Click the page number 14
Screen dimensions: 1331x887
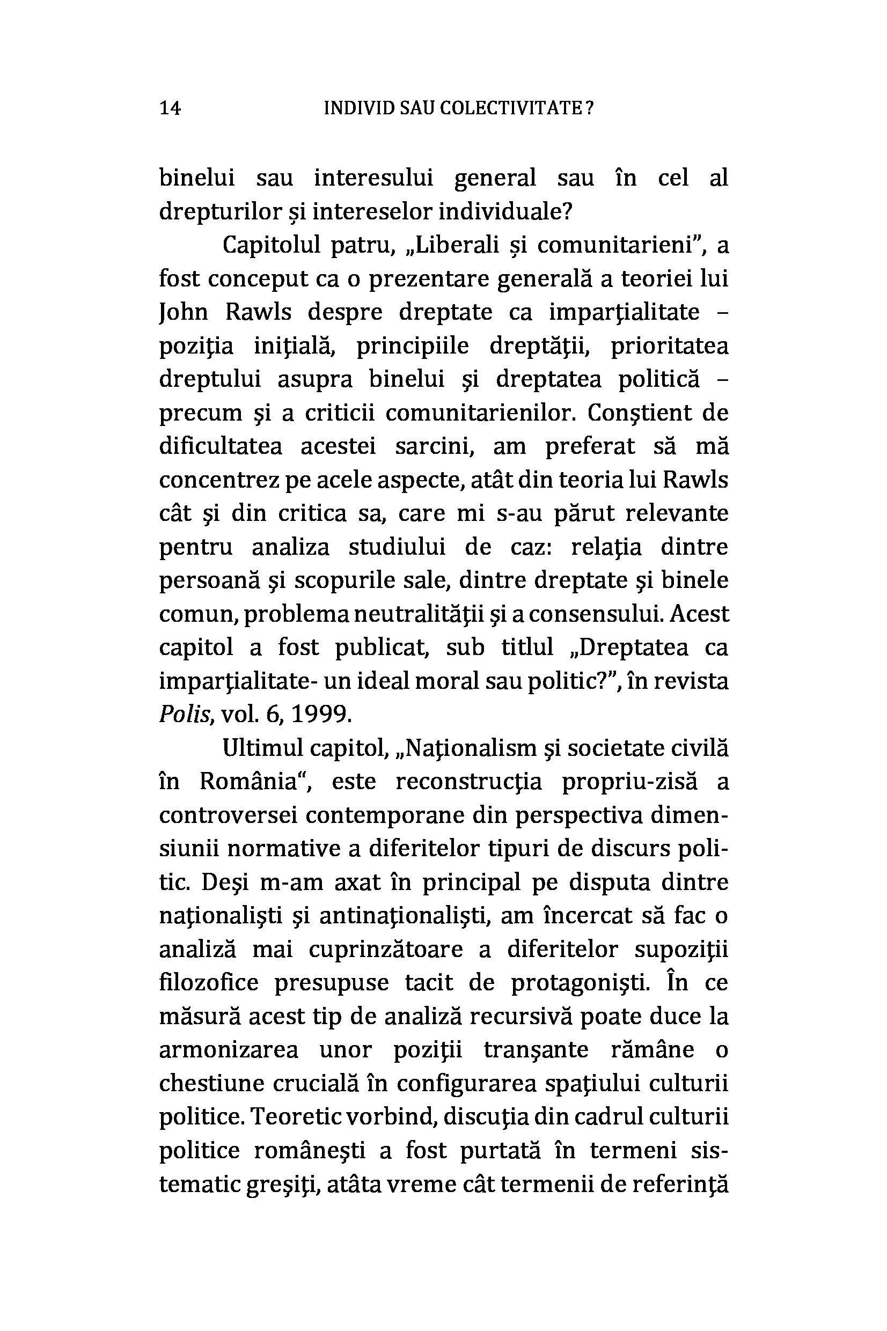click(170, 107)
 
